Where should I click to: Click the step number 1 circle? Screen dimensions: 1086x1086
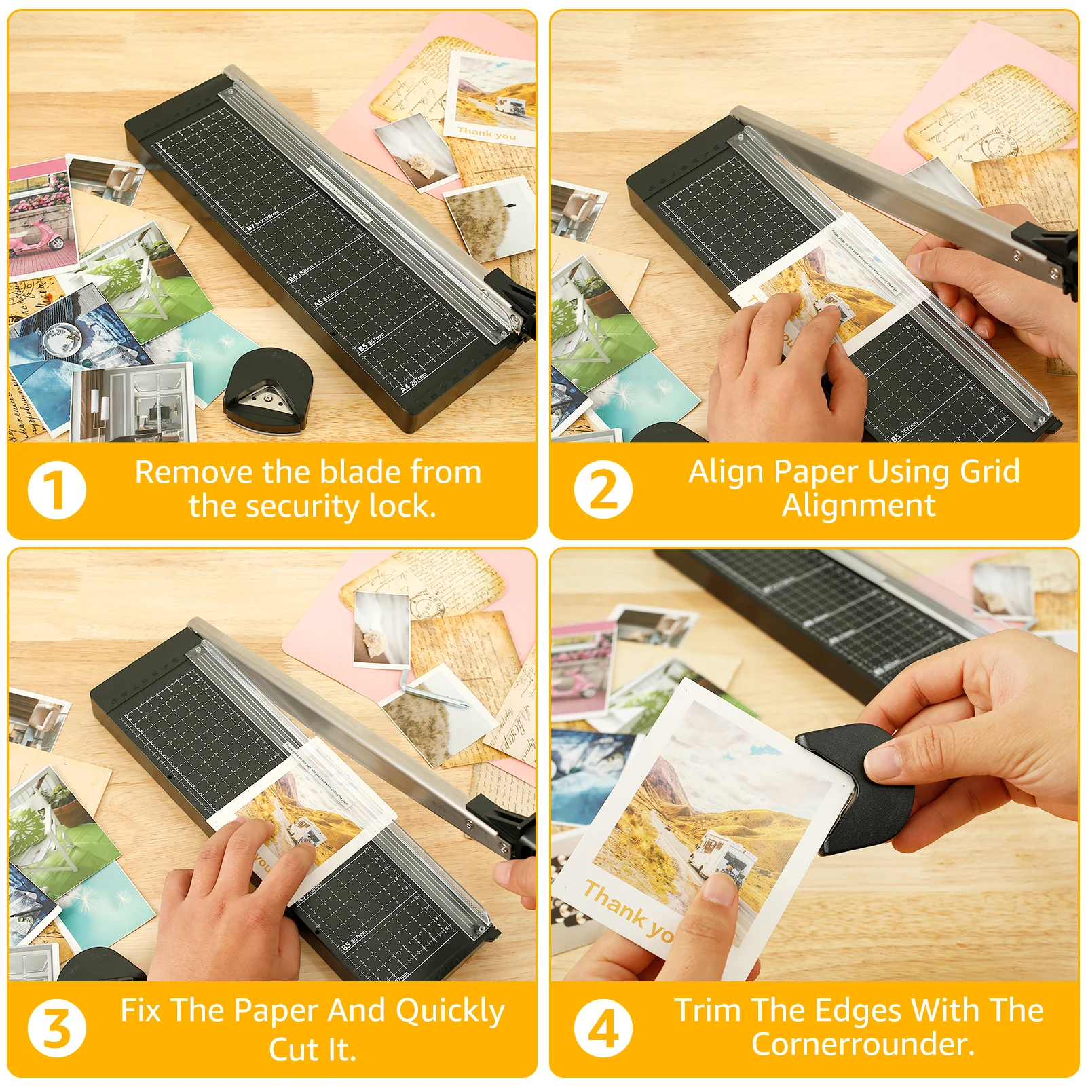coord(57,490)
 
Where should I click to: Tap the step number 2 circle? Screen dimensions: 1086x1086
coord(603,489)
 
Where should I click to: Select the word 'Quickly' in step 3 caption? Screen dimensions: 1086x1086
coord(450,1011)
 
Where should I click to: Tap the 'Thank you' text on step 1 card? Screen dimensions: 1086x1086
coord(486,133)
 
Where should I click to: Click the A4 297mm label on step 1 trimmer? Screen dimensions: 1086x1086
coord(413,382)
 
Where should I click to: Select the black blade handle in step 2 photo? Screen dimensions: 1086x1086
coord(1049,251)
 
